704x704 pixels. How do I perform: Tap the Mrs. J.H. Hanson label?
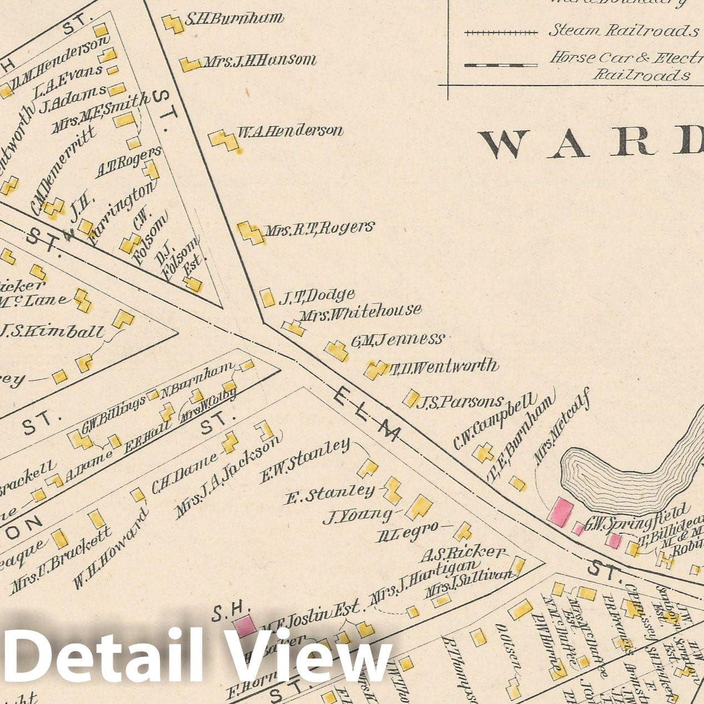259,61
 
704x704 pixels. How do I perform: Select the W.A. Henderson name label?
290,132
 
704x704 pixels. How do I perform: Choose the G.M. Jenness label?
398,340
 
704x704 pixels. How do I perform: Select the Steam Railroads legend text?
623,31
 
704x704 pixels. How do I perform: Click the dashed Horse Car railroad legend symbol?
501,66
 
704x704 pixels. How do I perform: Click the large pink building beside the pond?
561,511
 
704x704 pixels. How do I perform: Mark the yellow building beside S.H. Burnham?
173,24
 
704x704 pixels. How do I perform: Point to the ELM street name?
367,414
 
